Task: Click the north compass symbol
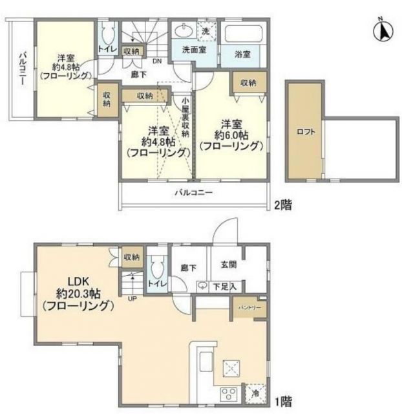click(383, 30)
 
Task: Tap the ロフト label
click(306, 132)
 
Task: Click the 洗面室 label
click(193, 50)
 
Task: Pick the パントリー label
click(249, 308)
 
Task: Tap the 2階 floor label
click(282, 206)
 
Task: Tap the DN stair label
click(157, 62)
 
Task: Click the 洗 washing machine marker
click(206, 31)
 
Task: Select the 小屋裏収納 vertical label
click(185, 116)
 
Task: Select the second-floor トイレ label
click(107, 49)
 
